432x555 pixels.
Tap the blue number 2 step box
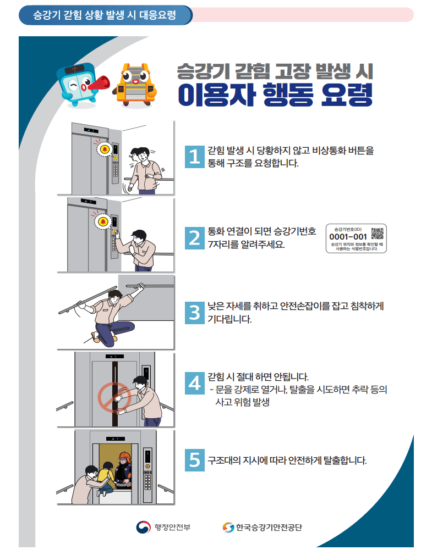click(194, 238)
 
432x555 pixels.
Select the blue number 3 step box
click(194, 312)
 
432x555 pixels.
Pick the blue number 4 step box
click(194, 382)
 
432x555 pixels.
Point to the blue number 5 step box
click(194, 459)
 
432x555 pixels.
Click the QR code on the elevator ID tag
click(377, 233)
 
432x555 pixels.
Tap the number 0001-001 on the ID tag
click(348, 237)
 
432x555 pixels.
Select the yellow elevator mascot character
click(135, 82)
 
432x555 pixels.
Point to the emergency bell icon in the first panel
click(103, 149)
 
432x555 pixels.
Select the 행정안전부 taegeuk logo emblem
click(143, 528)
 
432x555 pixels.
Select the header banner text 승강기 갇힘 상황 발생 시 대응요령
click(105, 15)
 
